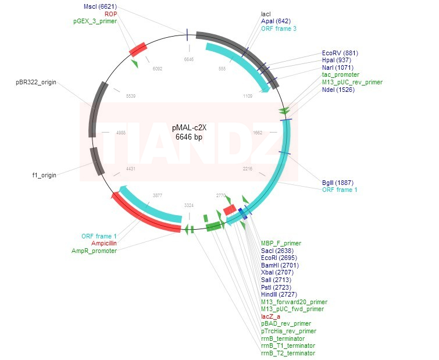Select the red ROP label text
click(110, 13)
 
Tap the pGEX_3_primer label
click(95, 21)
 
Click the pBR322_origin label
click(36, 83)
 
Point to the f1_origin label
click(44, 174)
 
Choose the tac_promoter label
click(340, 75)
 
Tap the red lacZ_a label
click(271, 316)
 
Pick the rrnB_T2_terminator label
click(288, 353)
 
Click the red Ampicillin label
click(104, 243)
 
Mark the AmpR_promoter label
click(94, 251)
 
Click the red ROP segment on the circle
click(137, 48)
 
